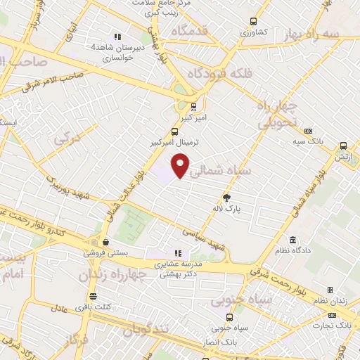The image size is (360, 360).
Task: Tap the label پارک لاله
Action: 226,208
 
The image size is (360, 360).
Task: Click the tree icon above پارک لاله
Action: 226,198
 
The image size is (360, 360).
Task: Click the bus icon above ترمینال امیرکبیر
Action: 176,131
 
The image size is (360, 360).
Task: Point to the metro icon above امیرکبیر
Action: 193,107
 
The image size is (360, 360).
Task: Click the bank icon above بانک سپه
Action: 308,131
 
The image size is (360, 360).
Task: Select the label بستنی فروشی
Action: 104,252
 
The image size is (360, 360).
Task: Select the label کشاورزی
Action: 255,32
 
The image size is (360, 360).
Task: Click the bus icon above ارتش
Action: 343,146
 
